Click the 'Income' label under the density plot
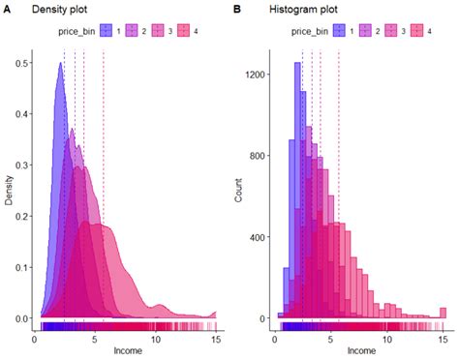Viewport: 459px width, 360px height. (x=127, y=350)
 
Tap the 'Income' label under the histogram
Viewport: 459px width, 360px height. (x=361, y=350)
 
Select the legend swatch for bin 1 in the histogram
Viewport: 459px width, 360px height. (x=339, y=32)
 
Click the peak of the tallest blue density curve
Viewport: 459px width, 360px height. (x=60, y=64)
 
